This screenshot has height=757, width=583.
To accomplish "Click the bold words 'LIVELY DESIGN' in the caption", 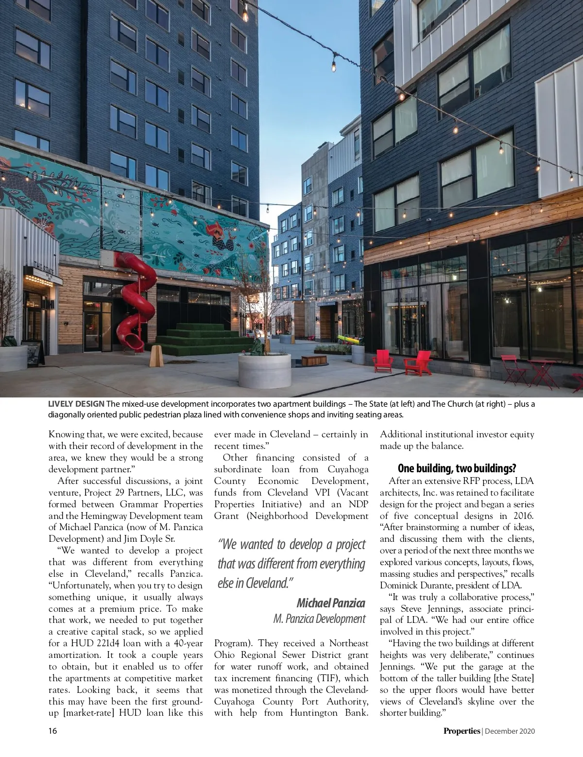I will [76, 404].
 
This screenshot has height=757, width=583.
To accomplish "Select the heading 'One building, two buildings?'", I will [457, 468].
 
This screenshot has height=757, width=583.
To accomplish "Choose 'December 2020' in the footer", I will [510, 731].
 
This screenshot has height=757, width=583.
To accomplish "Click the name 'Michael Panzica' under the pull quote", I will [330, 603].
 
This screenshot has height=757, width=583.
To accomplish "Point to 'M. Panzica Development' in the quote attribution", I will [319, 619].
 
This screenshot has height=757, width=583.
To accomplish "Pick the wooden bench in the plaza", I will [313, 360].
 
